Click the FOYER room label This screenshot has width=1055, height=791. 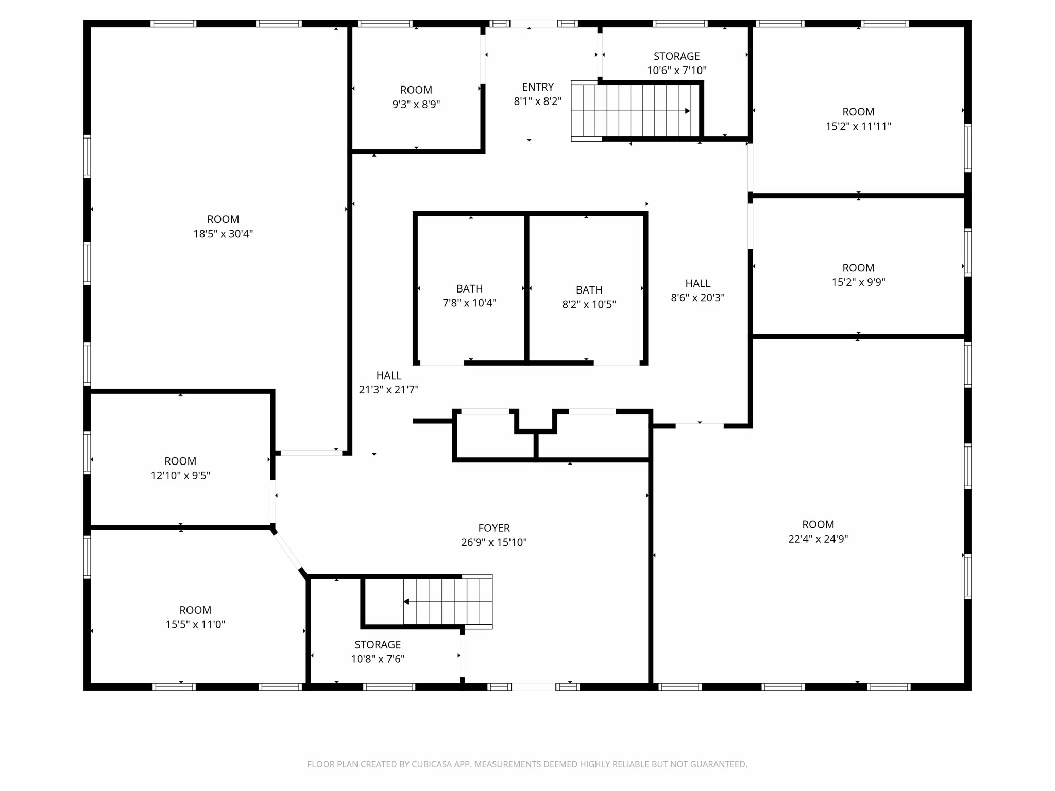(x=494, y=528)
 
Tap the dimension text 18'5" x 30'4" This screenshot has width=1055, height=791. (x=223, y=234)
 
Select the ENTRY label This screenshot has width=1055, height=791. (x=537, y=87)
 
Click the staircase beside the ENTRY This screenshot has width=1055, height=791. (x=636, y=111)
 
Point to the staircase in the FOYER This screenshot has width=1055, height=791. (x=447, y=601)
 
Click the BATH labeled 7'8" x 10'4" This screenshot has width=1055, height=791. (x=469, y=296)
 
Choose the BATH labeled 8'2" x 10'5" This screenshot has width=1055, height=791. (x=589, y=297)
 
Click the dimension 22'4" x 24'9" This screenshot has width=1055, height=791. (x=818, y=539)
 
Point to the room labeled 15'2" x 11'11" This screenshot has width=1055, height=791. (x=858, y=119)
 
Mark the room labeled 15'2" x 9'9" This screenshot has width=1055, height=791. (x=858, y=274)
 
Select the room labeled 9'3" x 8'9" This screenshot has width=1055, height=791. (x=416, y=97)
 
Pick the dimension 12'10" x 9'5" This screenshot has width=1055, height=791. (x=180, y=475)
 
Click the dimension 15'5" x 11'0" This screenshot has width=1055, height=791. (x=195, y=624)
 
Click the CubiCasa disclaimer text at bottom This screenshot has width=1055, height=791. (x=527, y=764)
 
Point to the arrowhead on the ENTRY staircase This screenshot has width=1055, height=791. (x=687, y=111)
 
